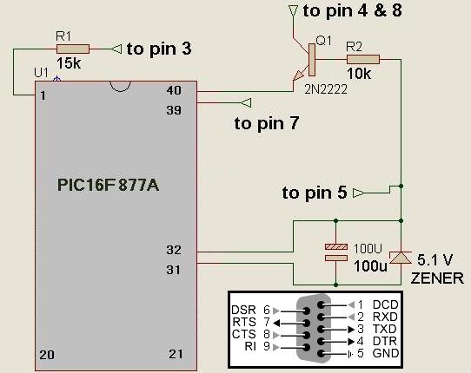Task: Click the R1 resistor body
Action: click(73, 49)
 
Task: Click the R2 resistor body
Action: click(363, 59)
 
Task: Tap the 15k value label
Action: click(69, 63)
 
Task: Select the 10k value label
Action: click(359, 74)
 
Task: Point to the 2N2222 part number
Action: click(326, 89)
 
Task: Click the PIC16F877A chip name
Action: click(108, 185)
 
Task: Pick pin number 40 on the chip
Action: click(174, 90)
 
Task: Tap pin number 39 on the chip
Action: click(174, 110)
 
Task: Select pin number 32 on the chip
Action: click(174, 250)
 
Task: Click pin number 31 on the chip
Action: click(173, 270)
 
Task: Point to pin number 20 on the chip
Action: click(47, 355)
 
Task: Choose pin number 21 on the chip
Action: click(176, 354)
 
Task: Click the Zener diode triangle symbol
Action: click(401, 258)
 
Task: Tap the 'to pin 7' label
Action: click(267, 123)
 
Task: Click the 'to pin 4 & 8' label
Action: click(352, 10)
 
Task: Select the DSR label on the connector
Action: click(243, 310)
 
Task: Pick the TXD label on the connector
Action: click(385, 329)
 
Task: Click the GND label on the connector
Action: click(386, 353)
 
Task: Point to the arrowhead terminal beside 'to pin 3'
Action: click(116, 49)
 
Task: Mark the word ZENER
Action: click(437, 278)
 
